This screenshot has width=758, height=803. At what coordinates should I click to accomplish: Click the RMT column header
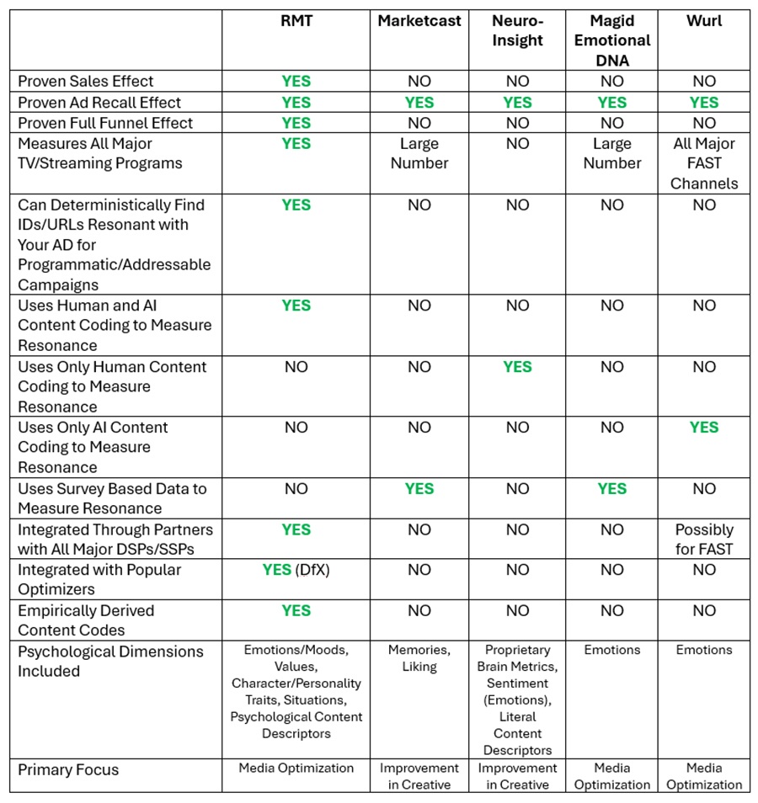296,21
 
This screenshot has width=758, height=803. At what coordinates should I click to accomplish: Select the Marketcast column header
419,21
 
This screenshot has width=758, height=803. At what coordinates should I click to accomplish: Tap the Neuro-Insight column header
517,31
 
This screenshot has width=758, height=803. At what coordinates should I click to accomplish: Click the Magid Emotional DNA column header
612,40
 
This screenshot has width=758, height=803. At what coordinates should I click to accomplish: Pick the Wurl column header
704,21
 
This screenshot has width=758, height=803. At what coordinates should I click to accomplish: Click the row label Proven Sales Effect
86,82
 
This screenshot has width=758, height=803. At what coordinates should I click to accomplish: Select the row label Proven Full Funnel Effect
105,123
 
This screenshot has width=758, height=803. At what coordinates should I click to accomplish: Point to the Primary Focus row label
68,769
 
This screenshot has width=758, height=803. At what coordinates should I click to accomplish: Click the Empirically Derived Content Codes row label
86,620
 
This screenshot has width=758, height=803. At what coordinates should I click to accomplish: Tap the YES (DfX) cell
296,570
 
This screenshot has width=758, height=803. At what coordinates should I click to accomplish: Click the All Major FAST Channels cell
704,163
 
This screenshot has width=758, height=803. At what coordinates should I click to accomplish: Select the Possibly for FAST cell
704,540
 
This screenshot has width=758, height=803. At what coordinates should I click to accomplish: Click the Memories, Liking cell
419,658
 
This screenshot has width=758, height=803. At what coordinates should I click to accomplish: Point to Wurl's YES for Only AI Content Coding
704,428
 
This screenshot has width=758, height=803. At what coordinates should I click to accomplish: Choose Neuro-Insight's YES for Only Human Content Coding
517,367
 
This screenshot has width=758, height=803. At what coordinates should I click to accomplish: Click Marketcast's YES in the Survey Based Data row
419,489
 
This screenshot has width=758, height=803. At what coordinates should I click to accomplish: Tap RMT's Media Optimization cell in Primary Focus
296,768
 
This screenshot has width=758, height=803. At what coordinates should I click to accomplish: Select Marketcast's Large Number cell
419,153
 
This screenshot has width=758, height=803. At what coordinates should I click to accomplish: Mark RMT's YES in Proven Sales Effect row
296,82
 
